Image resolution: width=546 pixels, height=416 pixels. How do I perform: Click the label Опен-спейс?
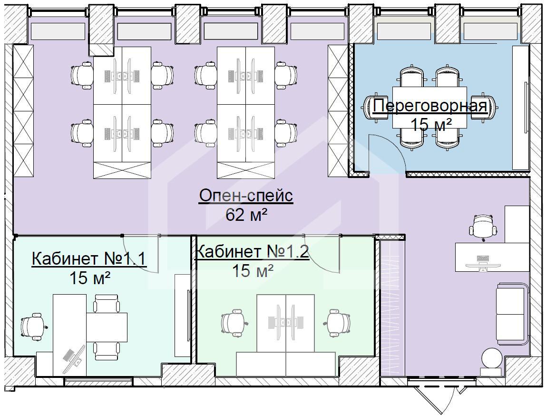click(246, 196)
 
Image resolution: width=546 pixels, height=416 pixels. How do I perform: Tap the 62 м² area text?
click(246, 215)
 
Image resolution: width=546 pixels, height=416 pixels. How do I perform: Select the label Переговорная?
click(430, 106)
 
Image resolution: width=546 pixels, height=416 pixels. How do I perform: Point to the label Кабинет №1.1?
click(89, 259)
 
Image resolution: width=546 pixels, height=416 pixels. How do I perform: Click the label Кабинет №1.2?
click(253, 251)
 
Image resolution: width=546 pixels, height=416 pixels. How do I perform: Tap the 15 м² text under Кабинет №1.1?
click(90, 278)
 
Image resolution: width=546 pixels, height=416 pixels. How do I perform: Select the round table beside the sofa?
click(491, 357)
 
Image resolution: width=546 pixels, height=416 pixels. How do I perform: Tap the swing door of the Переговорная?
click(387, 153)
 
